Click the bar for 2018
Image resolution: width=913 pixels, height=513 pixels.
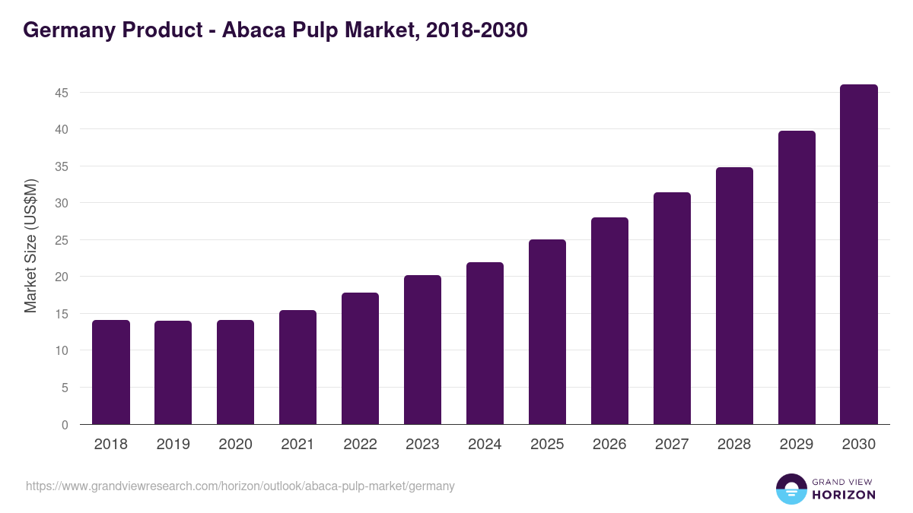click(x=111, y=372)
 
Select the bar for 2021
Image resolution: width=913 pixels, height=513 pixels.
click(x=297, y=367)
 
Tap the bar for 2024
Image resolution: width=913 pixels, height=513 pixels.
click(x=485, y=344)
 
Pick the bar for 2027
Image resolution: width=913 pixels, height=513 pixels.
click(x=672, y=308)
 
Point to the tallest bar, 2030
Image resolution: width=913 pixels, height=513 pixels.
click(x=859, y=255)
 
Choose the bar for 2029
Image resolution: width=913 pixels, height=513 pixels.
click(x=797, y=277)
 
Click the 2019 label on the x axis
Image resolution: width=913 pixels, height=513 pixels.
click(x=173, y=445)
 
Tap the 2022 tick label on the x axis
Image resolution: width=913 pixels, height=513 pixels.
click(x=360, y=445)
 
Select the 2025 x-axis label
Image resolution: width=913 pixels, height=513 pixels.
click(x=547, y=445)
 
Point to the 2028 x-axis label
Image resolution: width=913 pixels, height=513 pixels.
click(x=734, y=445)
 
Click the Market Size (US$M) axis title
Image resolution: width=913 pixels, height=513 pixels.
click(x=30, y=245)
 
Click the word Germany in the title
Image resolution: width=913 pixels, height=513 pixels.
click(x=67, y=30)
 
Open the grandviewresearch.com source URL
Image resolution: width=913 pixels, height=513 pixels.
click(x=240, y=486)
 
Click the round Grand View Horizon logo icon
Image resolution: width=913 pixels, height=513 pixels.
click(x=791, y=489)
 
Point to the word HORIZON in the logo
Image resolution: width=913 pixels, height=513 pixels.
click(x=844, y=495)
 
